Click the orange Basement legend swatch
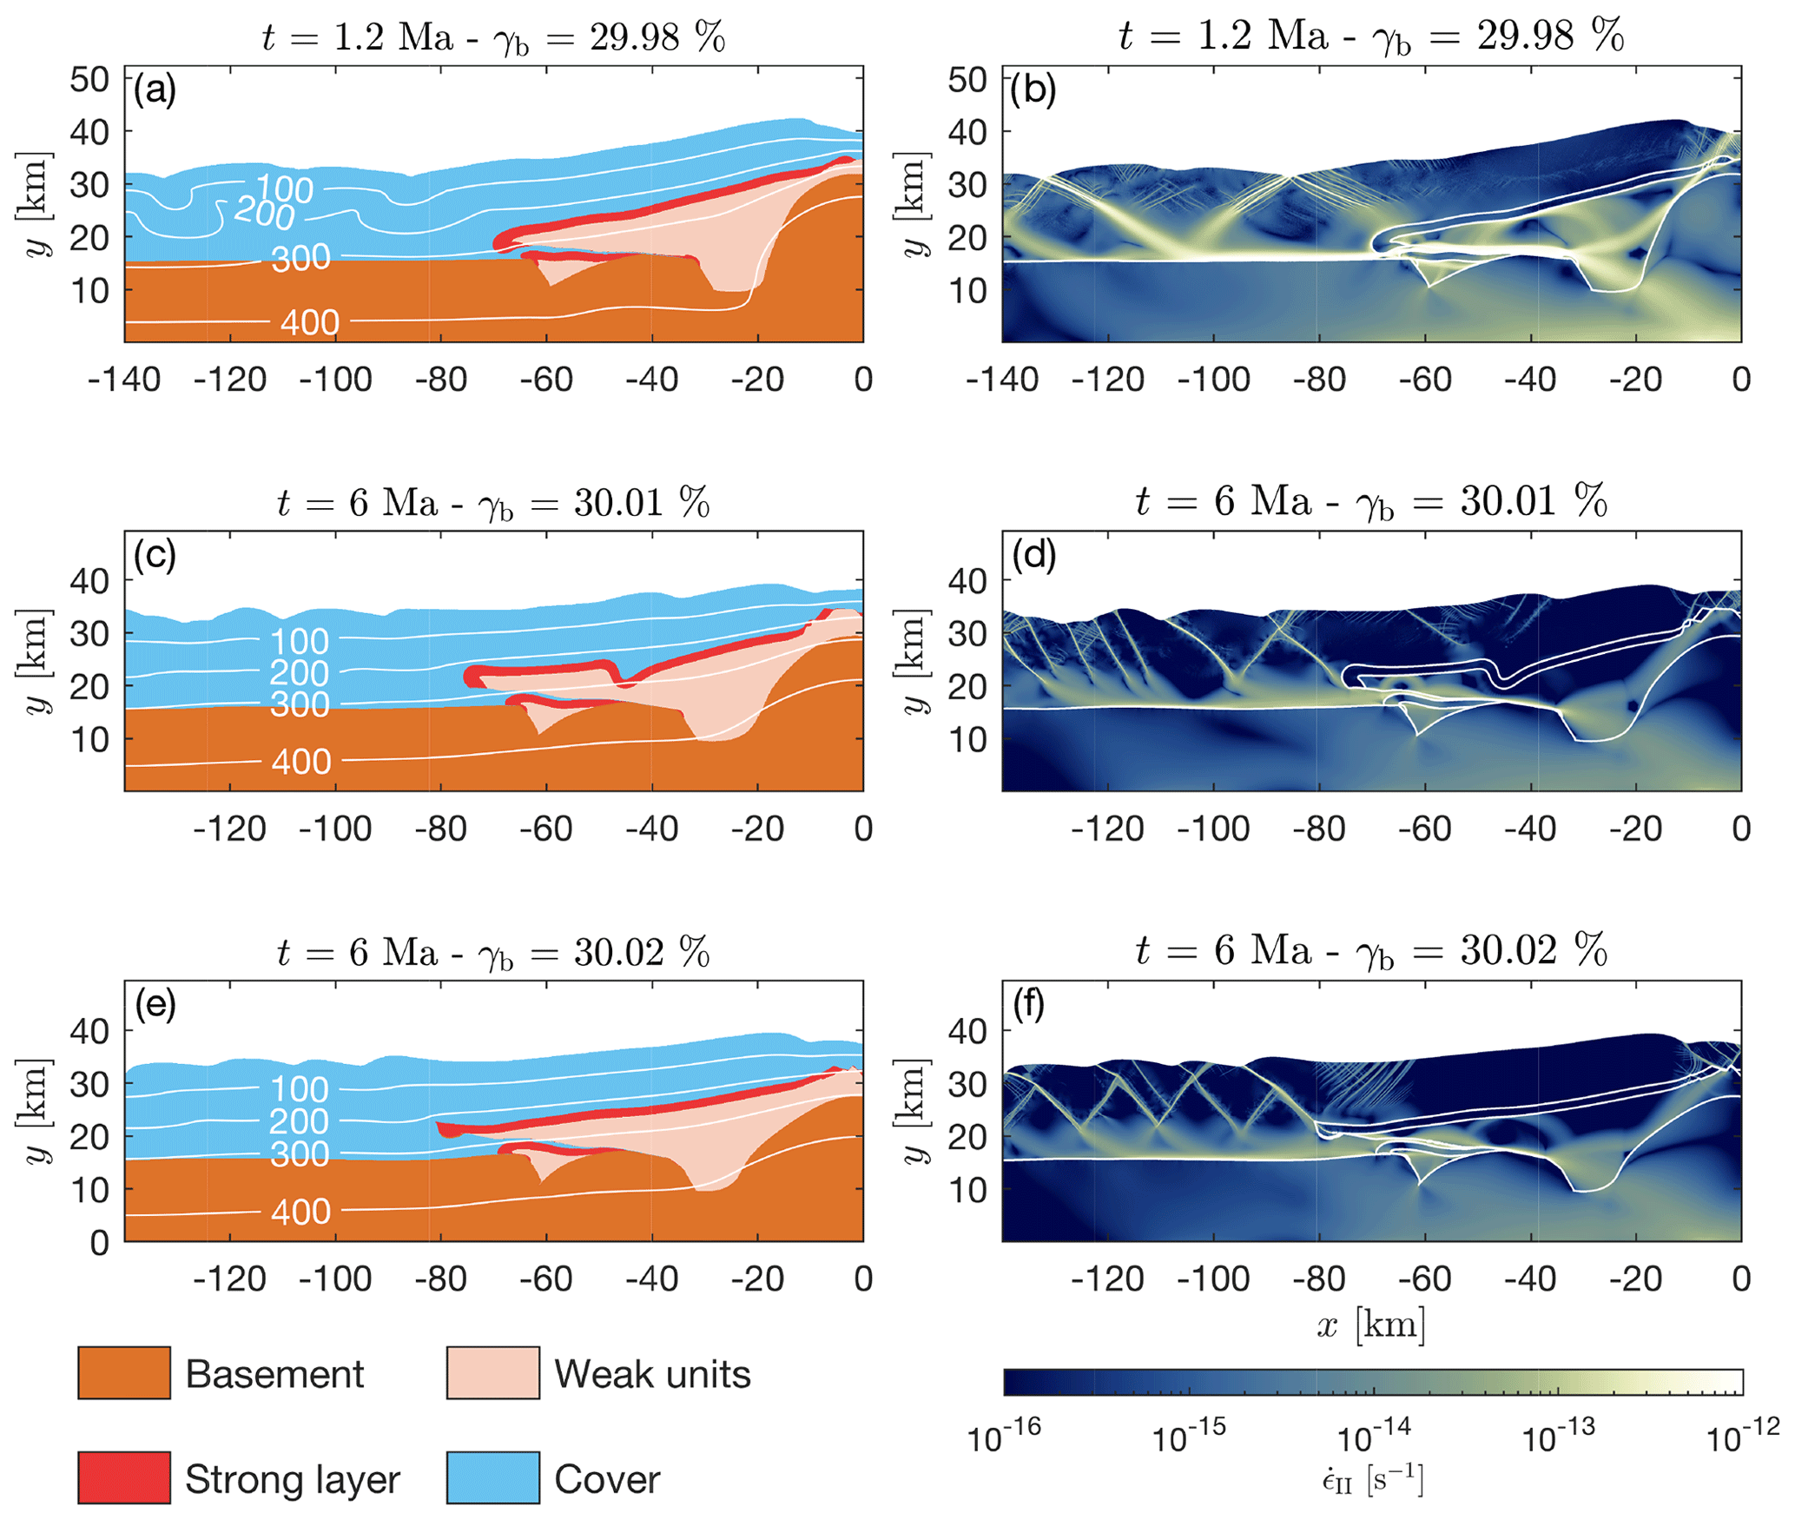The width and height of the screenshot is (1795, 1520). pyautogui.click(x=124, y=1372)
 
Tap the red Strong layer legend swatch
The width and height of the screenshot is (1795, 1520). pyautogui.click(x=124, y=1477)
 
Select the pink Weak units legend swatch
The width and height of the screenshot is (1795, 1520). pyautogui.click(x=492, y=1372)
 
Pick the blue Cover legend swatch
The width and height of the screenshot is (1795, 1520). pyautogui.click(x=492, y=1477)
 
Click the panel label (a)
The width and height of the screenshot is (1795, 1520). pyautogui.click(x=155, y=89)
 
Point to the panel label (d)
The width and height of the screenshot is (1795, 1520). pyautogui.click(x=1033, y=555)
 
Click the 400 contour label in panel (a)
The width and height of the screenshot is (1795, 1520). pyautogui.click(x=310, y=323)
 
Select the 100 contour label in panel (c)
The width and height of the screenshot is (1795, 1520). pyautogui.click(x=300, y=642)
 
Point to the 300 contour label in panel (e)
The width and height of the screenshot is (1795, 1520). pyautogui.click(x=300, y=1154)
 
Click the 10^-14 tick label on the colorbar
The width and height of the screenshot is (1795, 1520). pyautogui.click(x=1374, y=1438)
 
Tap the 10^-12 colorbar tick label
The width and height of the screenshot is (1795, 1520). pyautogui.click(x=1742, y=1438)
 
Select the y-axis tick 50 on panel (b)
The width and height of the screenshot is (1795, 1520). pyautogui.click(x=967, y=79)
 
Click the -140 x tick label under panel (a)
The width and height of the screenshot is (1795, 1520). pyautogui.click(x=124, y=380)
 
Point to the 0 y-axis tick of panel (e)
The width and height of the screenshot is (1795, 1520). pyautogui.click(x=100, y=1243)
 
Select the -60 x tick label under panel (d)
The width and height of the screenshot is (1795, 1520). pyautogui.click(x=1425, y=829)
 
